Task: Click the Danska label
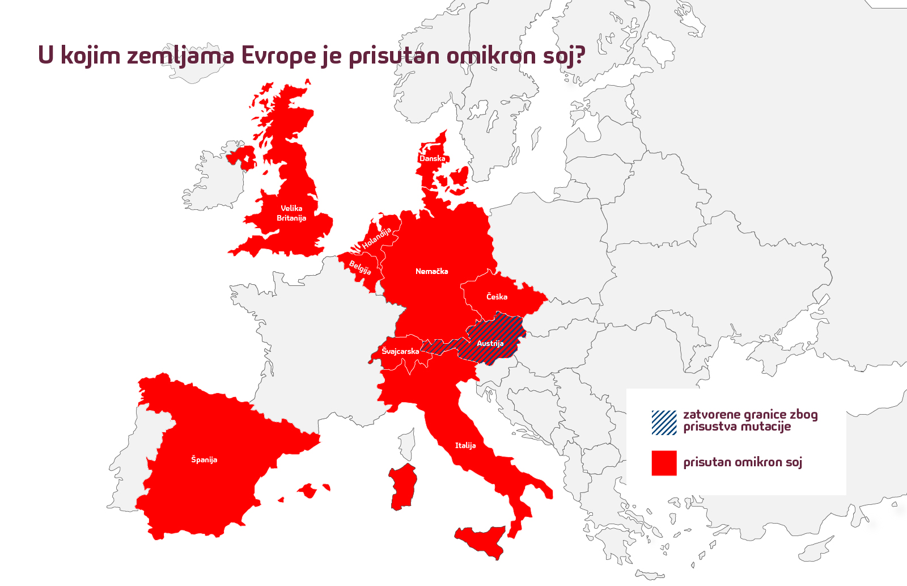(x=432, y=159)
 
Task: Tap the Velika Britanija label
(x=291, y=213)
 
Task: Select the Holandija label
(x=377, y=238)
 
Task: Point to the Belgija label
(x=360, y=267)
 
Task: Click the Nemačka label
(x=432, y=272)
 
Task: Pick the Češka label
(x=497, y=297)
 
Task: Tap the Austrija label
(x=490, y=344)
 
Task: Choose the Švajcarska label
(x=400, y=352)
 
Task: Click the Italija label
(x=465, y=446)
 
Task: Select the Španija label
(x=204, y=459)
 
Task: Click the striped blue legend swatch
(x=664, y=422)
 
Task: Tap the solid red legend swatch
(x=664, y=463)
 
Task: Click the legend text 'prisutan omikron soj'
(x=743, y=462)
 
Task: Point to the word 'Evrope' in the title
(x=278, y=56)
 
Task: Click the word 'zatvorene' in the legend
(x=712, y=415)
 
